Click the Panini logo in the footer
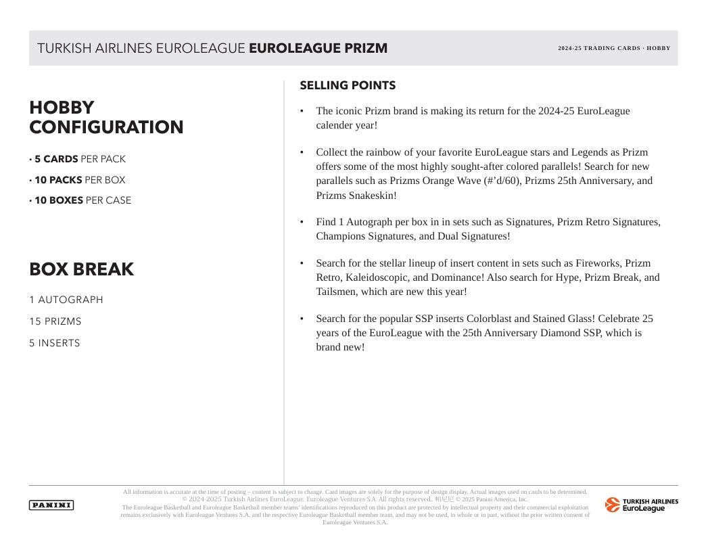[x=51, y=505]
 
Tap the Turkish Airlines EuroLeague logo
[x=641, y=505]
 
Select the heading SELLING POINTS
[x=348, y=86]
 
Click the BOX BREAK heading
[x=81, y=269]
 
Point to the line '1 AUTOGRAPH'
[x=66, y=300]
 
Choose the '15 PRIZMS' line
[x=55, y=321]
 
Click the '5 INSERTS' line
[x=54, y=343]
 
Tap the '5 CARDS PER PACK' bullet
[x=79, y=159]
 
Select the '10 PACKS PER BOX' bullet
[x=79, y=180]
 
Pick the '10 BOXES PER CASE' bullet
[x=82, y=200]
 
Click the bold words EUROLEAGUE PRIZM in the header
[x=318, y=48]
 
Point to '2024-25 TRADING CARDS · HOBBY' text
[x=614, y=48]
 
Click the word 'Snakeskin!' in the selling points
[x=373, y=196]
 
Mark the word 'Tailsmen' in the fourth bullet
[x=336, y=292]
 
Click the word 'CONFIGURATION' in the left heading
[x=106, y=127]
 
